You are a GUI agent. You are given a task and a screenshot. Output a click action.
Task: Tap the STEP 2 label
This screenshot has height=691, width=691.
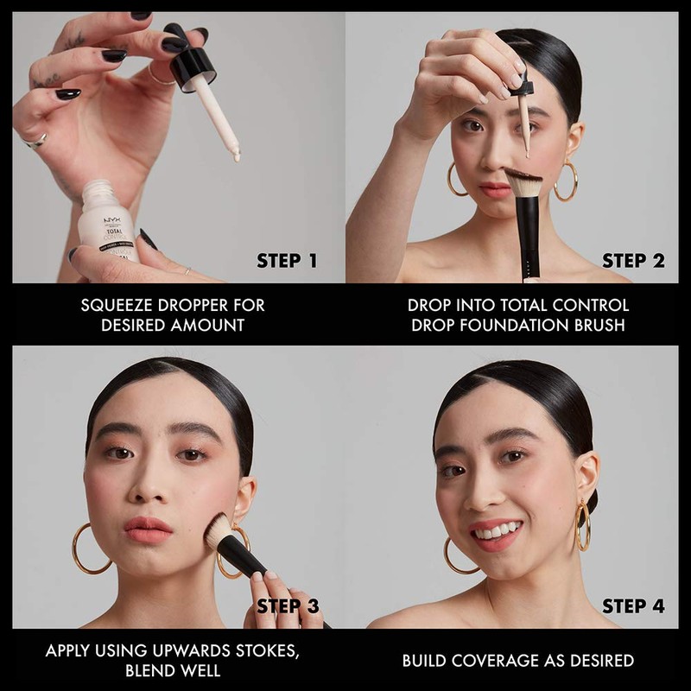[634, 261]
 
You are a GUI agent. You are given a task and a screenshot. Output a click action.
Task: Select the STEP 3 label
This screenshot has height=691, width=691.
[288, 605]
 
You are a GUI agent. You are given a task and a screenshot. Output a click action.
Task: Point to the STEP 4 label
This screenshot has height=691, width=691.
[634, 605]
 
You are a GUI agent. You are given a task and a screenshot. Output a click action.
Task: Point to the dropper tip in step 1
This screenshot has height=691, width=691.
[234, 155]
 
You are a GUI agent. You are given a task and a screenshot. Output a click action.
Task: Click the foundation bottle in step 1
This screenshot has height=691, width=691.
[108, 225]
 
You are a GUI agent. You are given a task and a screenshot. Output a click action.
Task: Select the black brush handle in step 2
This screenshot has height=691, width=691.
[529, 238]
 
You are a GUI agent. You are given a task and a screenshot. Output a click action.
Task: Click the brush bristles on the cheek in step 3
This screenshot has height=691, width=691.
[218, 531]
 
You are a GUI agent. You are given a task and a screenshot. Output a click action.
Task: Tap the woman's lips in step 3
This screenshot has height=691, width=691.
[149, 529]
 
